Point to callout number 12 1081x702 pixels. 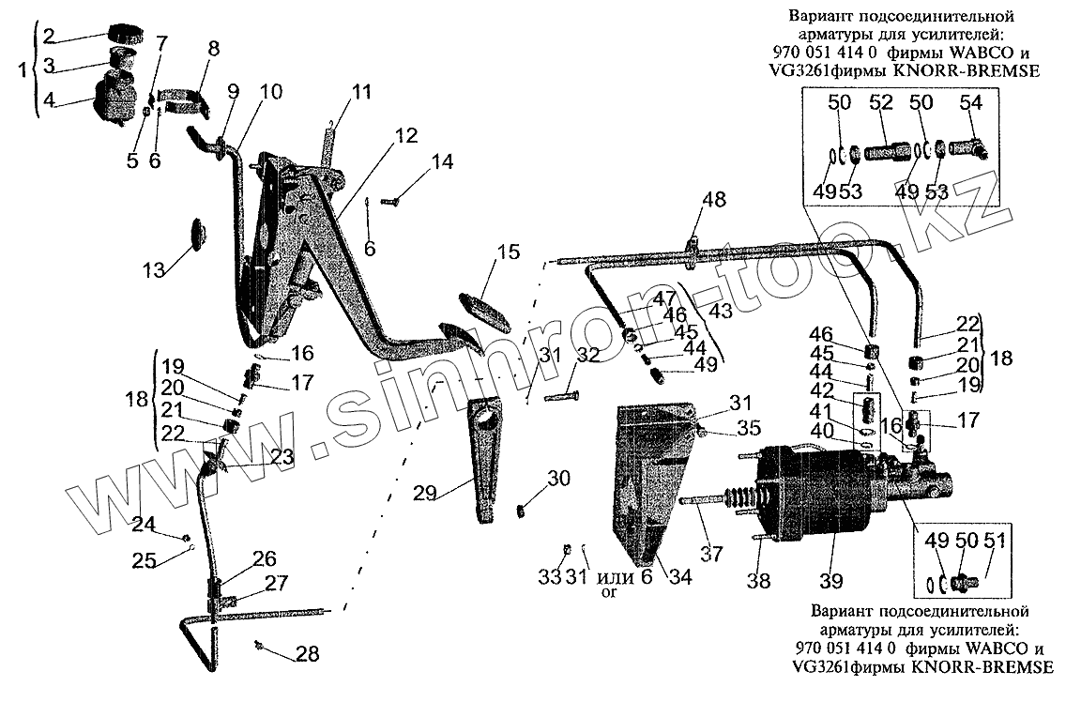pyautogui.click(x=405, y=135)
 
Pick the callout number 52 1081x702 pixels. pyautogui.click(x=879, y=102)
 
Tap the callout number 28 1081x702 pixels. pyautogui.click(x=308, y=654)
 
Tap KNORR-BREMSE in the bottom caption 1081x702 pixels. pyautogui.click(x=983, y=667)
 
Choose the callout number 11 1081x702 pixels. pyautogui.click(x=361, y=92)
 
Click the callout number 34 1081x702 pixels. pyautogui.click(x=679, y=578)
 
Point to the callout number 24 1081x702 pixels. pyautogui.click(x=145, y=524)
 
